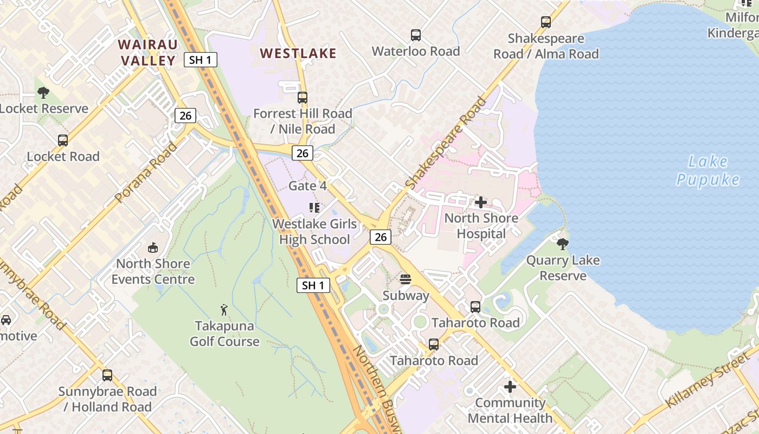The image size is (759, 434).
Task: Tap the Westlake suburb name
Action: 298,53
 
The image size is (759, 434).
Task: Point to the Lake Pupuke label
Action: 707,170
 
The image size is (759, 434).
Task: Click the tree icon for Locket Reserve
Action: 43,93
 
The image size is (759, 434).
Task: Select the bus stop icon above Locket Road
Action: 63,141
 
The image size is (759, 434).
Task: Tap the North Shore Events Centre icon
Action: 153,248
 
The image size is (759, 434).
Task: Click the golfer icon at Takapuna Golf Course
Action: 224,310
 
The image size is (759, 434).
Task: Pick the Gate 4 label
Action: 307,186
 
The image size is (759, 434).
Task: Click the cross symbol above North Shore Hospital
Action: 481,202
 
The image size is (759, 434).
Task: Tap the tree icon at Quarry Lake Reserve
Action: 563,244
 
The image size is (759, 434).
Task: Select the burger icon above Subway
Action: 406,279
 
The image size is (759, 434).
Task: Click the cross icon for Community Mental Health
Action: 510,387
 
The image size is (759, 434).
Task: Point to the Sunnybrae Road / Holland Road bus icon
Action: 107,375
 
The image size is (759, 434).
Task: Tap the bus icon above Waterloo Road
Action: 416,35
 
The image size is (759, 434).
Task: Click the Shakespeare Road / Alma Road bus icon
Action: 546,22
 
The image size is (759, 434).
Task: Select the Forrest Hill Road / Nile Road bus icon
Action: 303,98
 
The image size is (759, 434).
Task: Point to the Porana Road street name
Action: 146,171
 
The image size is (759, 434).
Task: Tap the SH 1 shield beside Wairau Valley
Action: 201,60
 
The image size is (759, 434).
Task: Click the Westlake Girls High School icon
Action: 314,207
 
